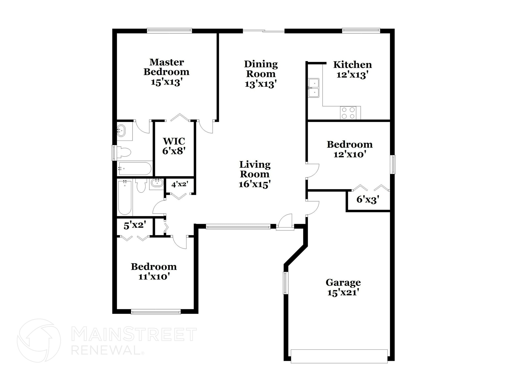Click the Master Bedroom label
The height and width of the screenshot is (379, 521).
(166, 72)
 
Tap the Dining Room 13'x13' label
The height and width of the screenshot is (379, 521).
(261, 74)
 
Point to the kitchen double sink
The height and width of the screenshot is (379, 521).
(314, 88)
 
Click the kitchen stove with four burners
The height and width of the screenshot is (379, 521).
(348, 113)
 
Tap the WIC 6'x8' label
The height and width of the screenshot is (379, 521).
(174, 146)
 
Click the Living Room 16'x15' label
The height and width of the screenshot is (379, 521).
(255, 174)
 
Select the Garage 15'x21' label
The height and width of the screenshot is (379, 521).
(343, 287)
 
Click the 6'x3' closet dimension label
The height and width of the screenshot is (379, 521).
(368, 200)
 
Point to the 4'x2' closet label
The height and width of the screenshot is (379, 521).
(180, 184)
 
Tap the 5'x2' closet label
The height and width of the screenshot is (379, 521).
(135, 226)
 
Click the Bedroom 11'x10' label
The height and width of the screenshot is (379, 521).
(154, 272)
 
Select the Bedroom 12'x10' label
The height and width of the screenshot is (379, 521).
(350, 149)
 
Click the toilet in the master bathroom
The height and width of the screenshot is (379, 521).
(125, 152)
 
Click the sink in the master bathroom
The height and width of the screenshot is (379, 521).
(121, 131)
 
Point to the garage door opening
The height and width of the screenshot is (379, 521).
(339, 356)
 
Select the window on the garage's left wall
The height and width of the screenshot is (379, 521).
(285, 283)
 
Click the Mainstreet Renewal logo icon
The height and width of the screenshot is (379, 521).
(39, 341)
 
